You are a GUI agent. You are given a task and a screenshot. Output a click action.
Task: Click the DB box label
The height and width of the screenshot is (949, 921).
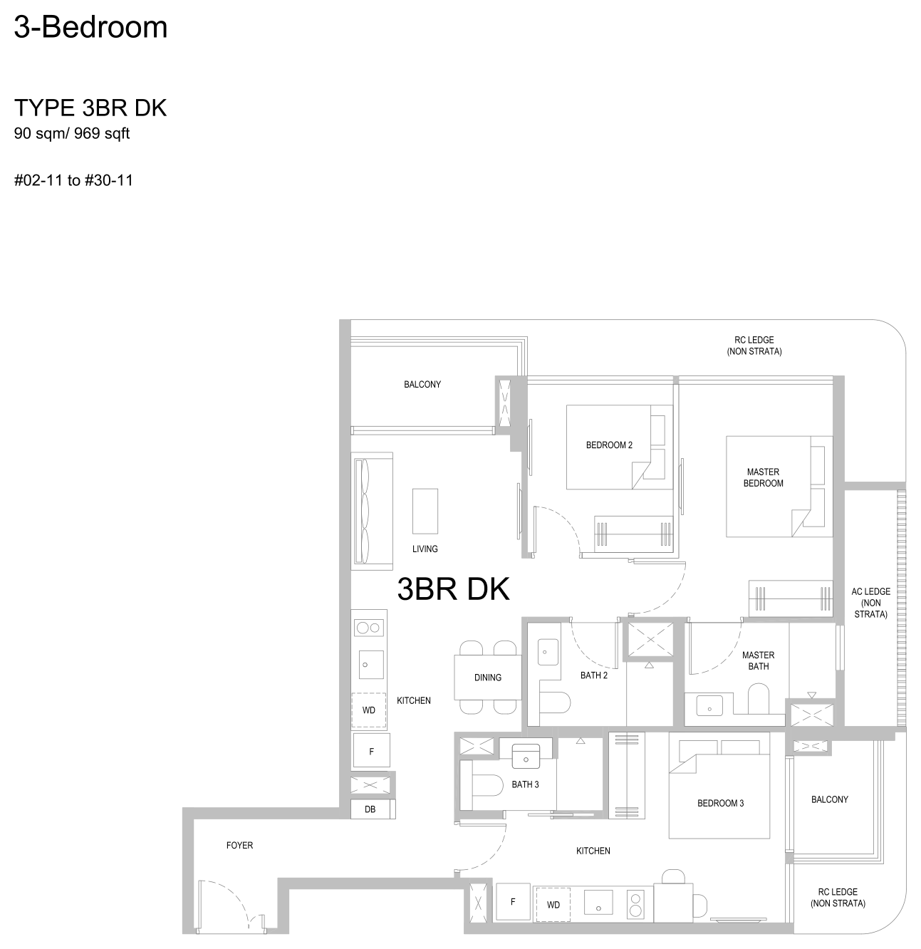(x=370, y=809)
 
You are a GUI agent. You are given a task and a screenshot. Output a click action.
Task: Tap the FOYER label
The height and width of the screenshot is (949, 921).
(x=239, y=845)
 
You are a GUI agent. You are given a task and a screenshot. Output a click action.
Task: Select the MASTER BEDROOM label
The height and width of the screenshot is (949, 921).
(x=763, y=477)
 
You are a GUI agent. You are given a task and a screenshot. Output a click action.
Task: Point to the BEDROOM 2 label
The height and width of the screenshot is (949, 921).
(x=609, y=445)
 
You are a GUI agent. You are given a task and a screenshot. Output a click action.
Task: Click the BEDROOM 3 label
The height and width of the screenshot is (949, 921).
(x=720, y=803)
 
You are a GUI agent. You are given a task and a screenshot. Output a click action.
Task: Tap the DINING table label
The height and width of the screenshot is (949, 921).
(x=487, y=678)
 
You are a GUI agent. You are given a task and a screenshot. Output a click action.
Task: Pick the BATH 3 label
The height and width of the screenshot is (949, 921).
(x=525, y=784)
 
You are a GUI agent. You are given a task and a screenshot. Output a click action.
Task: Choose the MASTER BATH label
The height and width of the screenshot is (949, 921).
(x=758, y=660)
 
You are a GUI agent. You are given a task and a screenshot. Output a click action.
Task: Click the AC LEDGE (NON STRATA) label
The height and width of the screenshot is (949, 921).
(x=870, y=603)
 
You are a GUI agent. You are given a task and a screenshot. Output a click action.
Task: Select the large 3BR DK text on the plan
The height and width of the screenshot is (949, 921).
(x=454, y=588)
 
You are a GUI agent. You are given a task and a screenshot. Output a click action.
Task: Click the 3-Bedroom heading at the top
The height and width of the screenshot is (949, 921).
(x=90, y=27)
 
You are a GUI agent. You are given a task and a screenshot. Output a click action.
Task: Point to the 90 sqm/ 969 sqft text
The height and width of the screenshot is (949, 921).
(x=72, y=133)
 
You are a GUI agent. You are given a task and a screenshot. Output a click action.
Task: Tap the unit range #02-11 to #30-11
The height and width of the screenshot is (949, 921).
(x=73, y=180)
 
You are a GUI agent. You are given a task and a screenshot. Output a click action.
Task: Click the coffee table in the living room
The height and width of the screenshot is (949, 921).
(x=425, y=511)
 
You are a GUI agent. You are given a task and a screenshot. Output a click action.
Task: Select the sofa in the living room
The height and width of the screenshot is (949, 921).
(x=372, y=511)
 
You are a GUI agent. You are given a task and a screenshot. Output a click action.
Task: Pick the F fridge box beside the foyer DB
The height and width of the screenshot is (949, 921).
(x=371, y=752)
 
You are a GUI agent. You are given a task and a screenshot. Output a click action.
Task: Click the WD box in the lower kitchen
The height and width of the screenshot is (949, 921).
(x=553, y=905)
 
